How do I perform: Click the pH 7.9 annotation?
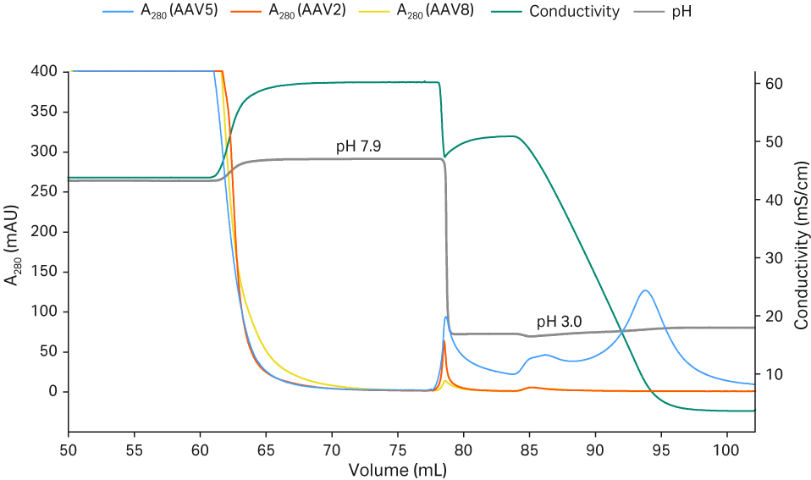click(x=358, y=146)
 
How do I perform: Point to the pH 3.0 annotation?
click(x=559, y=322)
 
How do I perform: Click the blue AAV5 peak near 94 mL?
click(x=646, y=290)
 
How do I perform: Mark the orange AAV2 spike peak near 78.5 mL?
click(x=444, y=341)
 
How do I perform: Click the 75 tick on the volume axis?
click(x=398, y=446)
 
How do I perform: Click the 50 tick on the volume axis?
click(x=69, y=446)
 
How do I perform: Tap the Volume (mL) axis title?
click(x=399, y=468)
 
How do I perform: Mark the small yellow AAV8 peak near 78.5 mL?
click(x=445, y=381)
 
